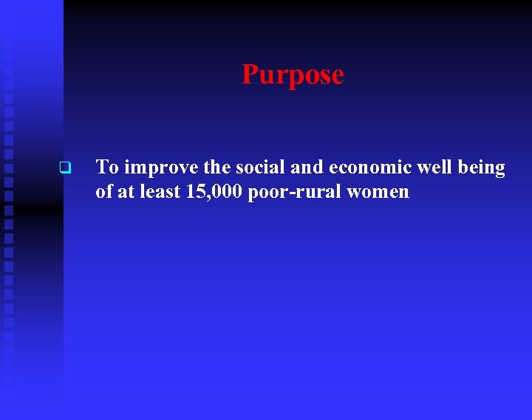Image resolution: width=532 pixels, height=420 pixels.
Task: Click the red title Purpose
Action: tap(293, 75)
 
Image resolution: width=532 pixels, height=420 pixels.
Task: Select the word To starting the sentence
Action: tap(107, 168)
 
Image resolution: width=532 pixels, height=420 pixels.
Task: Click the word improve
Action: tap(157, 168)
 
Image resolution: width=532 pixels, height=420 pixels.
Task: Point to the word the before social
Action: tap(211, 168)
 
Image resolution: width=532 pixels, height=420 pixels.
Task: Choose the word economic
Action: tap(367, 168)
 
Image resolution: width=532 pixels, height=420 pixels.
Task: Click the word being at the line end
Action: tap(482, 168)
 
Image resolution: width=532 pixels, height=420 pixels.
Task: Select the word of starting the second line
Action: tap(103, 192)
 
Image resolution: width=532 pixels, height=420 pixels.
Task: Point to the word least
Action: tap(157, 192)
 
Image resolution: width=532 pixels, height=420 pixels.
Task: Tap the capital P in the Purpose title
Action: tap(250, 75)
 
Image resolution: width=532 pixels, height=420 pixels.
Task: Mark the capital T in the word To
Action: tap(102, 168)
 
